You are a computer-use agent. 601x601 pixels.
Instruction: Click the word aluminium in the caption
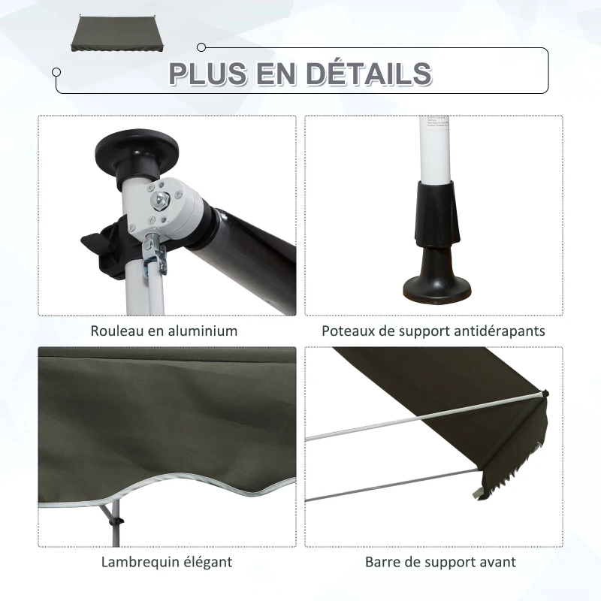click(198, 331)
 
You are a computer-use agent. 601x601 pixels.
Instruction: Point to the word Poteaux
click(347, 331)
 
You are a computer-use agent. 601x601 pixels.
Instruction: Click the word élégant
click(204, 562)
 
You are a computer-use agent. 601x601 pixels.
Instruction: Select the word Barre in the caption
click(382, 562)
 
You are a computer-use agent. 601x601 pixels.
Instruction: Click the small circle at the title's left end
click(56, 72)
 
